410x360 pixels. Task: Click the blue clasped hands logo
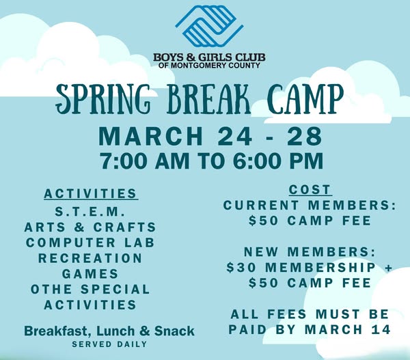[x=209, y=26]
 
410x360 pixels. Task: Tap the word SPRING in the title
[x=103, y=98]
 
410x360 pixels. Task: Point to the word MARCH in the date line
[x=151, y=136]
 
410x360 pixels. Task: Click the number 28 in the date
[x=304, y=136]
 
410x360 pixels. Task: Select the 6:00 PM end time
[x=278, y=161]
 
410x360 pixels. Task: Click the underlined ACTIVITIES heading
[x=91, y=194]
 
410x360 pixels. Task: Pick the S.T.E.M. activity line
[x=90, y=212]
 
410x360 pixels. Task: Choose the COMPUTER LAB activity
[x=90, y=243]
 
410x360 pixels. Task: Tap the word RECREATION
[x=90, y=258]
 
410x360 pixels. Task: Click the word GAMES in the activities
[x=90, y=274]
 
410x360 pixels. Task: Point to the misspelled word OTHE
[x=51, y=290]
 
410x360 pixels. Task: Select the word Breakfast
[x=57, y=331]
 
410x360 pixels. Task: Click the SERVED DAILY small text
[x=109, y=344]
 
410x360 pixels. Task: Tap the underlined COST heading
[x=310, y=190]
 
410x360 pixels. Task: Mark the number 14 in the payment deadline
[x=381, y=329]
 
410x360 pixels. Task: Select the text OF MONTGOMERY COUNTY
[x=209, y=66]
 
